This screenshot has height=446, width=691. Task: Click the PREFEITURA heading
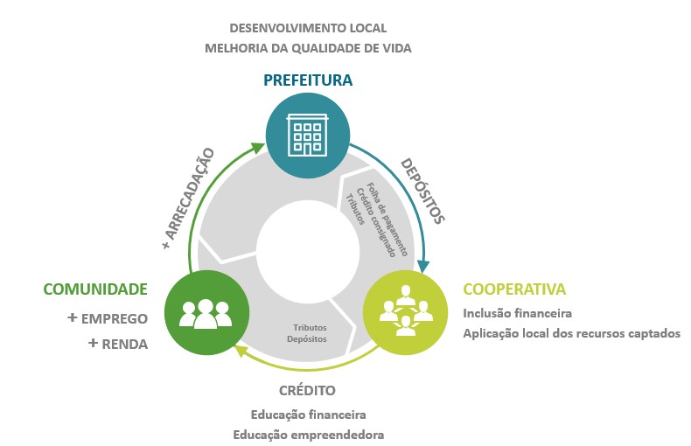pyautogui.click(x=308, y=80)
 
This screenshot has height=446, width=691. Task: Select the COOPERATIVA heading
pyautogui.click(x=514, y=289)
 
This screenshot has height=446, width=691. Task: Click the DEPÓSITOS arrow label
pyautogui.click(x=422, y=191)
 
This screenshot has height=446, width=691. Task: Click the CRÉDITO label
pyautogui.click(x=308, y=390)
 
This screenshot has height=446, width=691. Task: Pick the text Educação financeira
pyautogui.click(x=308, y=414)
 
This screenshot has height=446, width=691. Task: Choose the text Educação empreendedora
pyautogui.click(x=308, y=435)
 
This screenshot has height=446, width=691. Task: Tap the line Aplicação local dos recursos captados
pyautogui.click(x=570, y=333)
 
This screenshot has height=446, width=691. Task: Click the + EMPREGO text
pyautogui.click(x=108, y=318)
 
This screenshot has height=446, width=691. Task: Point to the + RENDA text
pyautogui.click(x=118, y=344)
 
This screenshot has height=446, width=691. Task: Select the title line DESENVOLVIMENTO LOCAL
pyautogui.click(x=308, y=28)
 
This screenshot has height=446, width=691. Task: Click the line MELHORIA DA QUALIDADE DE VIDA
pyautogui.click(x=308, y=49)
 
